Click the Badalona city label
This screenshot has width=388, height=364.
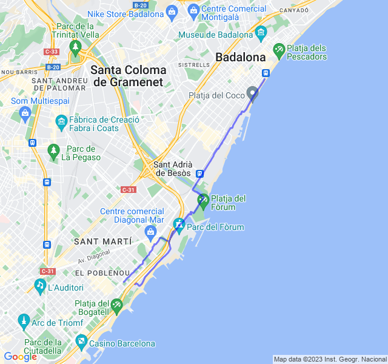pos(241,58)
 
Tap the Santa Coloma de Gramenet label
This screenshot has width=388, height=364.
pos(128,76)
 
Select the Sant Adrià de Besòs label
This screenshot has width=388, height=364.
pos(173,169)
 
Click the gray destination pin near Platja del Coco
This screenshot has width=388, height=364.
pos(253,94)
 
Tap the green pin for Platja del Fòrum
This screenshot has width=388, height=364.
pos(203,200)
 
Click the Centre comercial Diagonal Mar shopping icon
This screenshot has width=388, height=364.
pos(150,231)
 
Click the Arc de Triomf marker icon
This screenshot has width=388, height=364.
pos(24,320)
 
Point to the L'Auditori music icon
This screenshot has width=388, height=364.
pos(40,284)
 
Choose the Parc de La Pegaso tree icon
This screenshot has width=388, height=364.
pos(53,149)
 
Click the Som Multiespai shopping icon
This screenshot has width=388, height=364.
pos(25,112)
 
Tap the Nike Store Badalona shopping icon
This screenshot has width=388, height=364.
pos(172,10)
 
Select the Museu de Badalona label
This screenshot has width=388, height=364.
pos(216,35)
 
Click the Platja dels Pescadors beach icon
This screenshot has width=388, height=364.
pos(279,49)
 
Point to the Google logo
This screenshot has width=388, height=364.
pos(20,357)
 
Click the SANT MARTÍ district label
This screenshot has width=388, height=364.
pos(102,241)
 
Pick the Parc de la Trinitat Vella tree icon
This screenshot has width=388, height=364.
pos(75,46)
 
